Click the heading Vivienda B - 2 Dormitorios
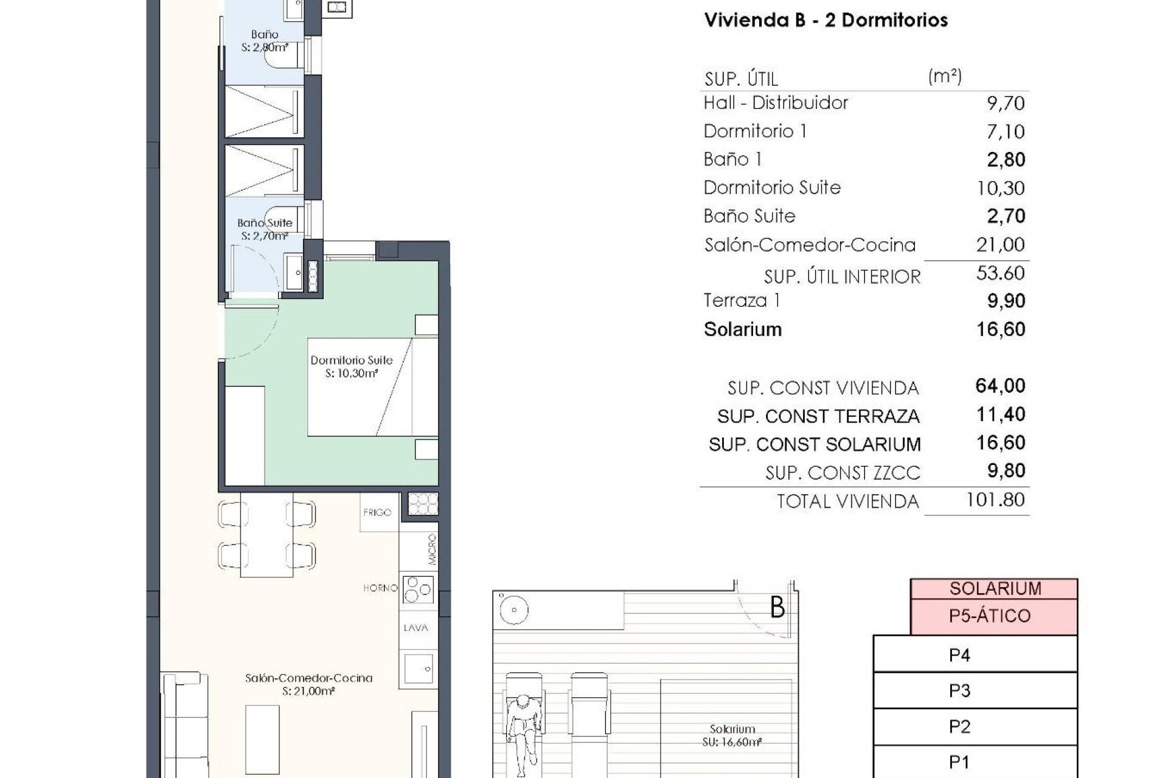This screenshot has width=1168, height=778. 826,20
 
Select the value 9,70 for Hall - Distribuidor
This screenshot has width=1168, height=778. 1005,103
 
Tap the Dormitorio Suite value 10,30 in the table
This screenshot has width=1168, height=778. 1000,188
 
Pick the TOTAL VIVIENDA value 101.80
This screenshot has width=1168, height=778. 995,500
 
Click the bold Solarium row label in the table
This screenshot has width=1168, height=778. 742,329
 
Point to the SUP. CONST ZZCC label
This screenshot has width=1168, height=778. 842,473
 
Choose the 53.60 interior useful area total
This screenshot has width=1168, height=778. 1000,274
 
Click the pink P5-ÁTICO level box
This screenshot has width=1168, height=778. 990,616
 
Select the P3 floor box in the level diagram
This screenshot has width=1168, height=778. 959,691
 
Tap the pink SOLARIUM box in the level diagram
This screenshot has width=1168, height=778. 995,588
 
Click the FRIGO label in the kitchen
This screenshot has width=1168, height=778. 377,512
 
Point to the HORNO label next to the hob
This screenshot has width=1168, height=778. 380,588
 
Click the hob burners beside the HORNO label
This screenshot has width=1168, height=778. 418,589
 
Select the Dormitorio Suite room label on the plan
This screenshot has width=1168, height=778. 352,367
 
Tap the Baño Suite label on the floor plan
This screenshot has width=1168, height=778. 265,229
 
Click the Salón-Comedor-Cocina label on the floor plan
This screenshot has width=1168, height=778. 308,684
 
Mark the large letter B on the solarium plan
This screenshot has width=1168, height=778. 777,607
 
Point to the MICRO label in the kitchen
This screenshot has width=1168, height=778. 432,549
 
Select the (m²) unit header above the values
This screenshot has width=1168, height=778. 945,77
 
